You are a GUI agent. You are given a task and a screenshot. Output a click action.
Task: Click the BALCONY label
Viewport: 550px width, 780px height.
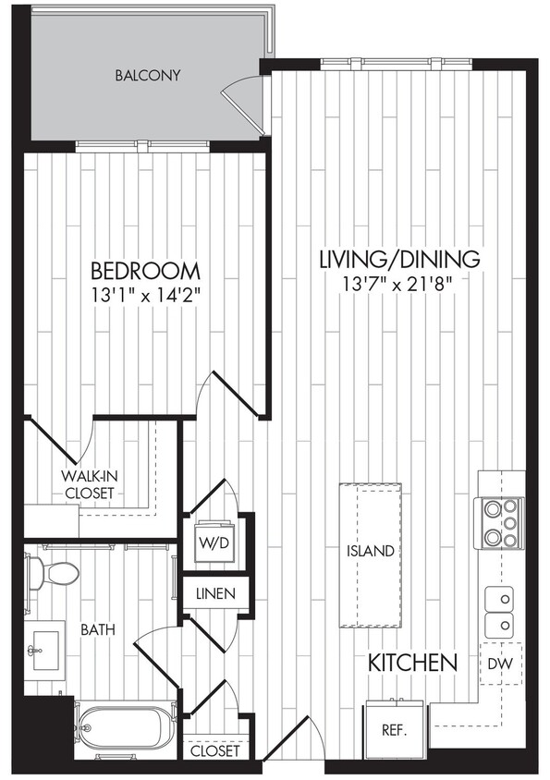coord(147,75)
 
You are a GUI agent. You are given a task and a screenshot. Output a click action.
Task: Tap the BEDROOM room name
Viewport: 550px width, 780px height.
coord(145,272)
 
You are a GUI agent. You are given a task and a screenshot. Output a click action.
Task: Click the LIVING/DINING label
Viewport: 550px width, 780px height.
coord(399,258)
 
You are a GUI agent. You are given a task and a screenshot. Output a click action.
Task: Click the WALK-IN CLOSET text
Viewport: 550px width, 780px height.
coord(89,484)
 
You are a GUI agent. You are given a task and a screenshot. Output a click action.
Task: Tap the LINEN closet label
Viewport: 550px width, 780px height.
coord(214,593)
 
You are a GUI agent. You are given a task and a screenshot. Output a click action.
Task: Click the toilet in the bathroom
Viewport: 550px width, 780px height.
coord(51,574)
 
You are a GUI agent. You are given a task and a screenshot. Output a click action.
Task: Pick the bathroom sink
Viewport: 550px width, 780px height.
coord(42,651)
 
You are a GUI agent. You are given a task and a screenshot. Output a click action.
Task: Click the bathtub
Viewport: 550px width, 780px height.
coord(125,726)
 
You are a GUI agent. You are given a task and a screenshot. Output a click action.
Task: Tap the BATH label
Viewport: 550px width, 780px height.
coord(97,629)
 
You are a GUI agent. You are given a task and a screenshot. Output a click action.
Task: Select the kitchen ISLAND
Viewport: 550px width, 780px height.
coord(372,552)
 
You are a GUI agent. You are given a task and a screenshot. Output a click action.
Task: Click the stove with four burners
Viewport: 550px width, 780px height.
coord(499,522)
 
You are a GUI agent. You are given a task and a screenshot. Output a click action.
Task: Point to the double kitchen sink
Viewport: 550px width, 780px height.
coord(499,611)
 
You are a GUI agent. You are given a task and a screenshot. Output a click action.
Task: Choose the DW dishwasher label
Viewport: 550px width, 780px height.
coord(501,664)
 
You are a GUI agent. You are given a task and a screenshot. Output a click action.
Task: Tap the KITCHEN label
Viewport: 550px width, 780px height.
coord(413,663)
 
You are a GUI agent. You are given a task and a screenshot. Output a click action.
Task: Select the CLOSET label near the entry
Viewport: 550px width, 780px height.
coord(214,750)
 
